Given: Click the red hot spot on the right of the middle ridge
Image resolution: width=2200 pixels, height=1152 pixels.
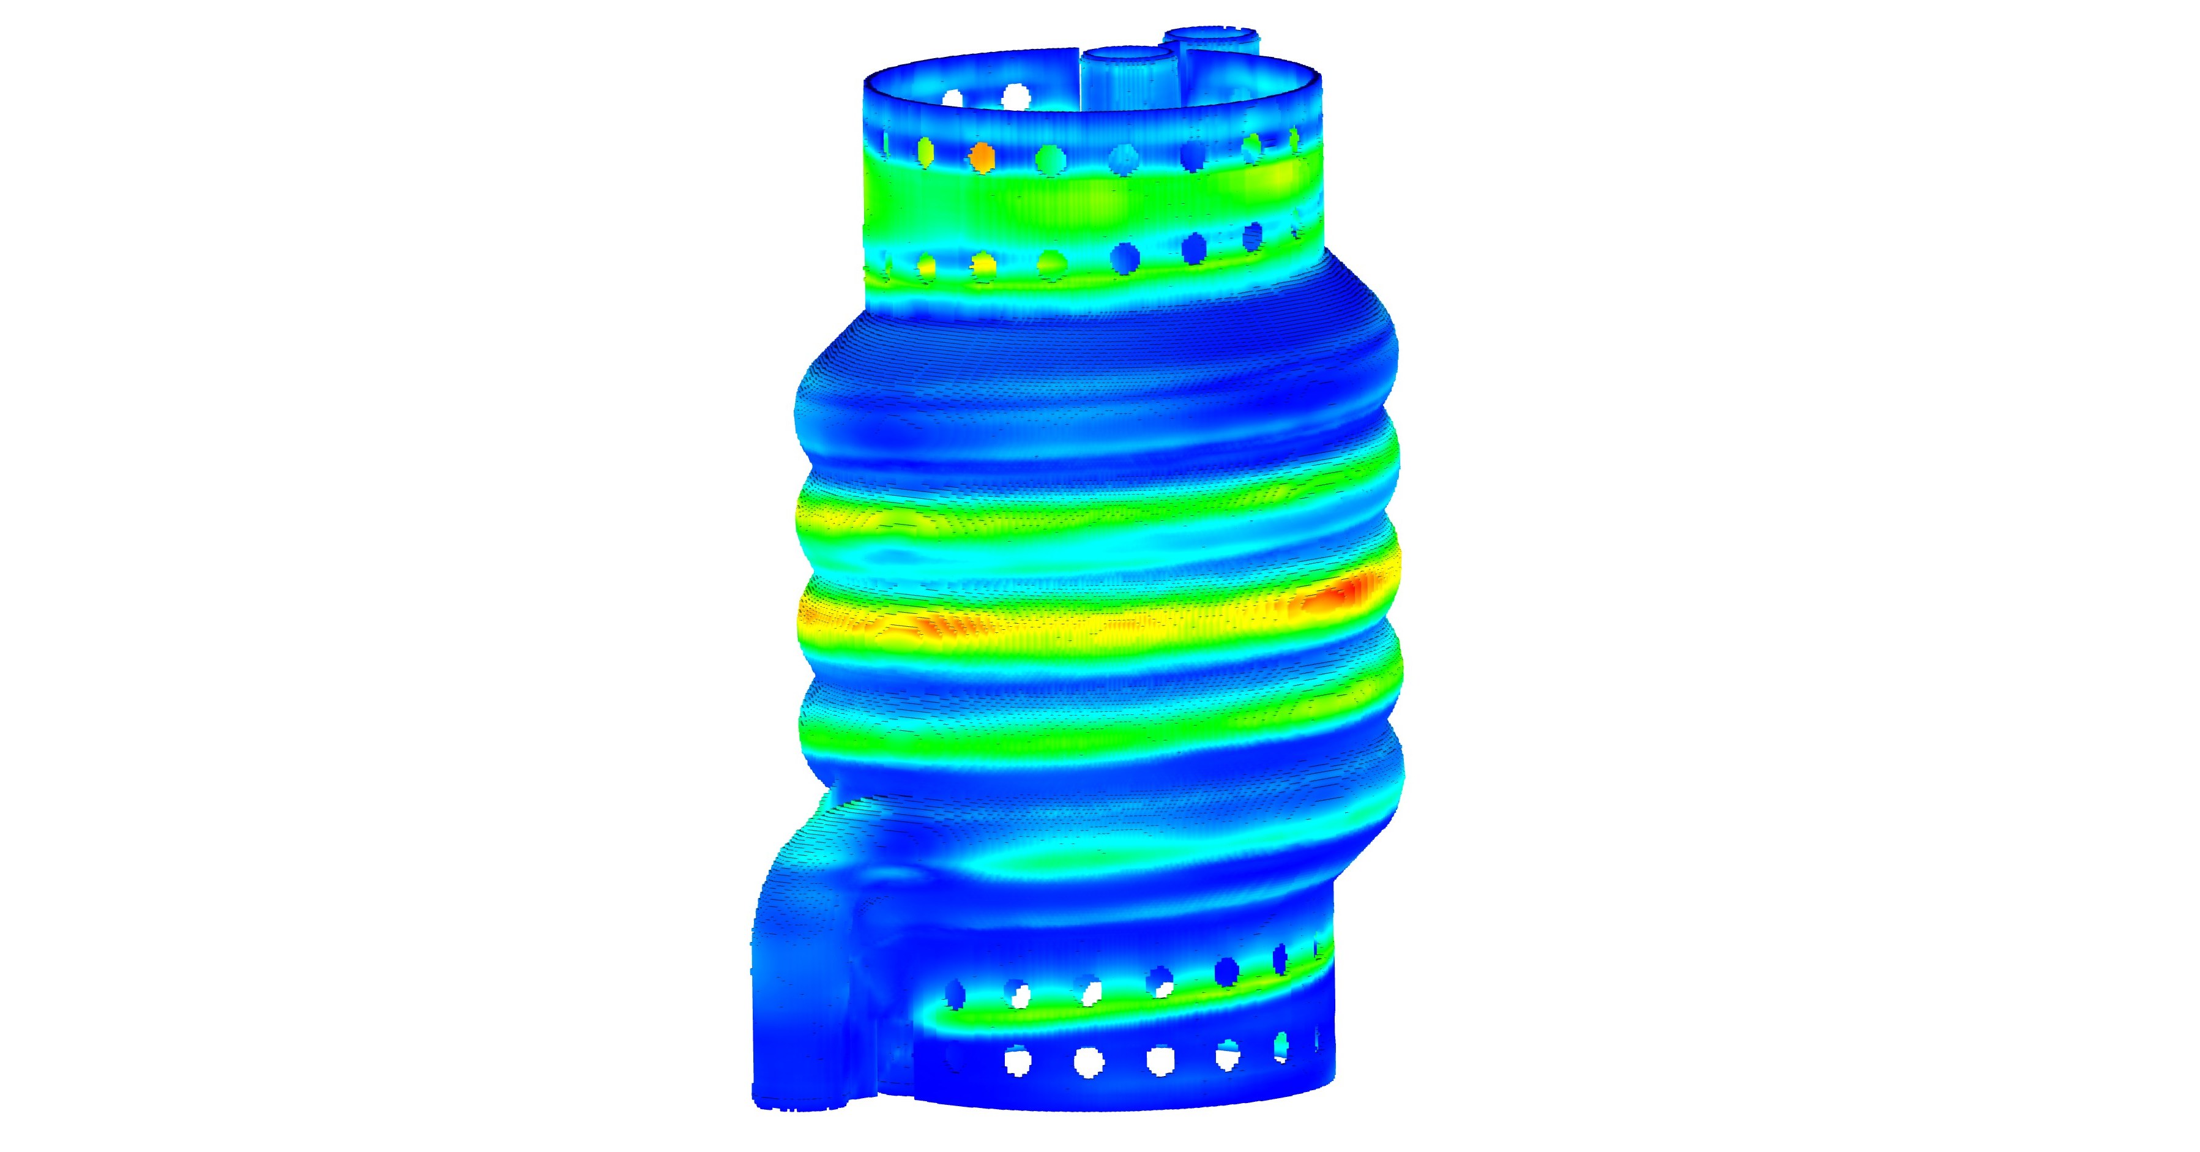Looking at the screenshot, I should click(x=1341, y=593).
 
